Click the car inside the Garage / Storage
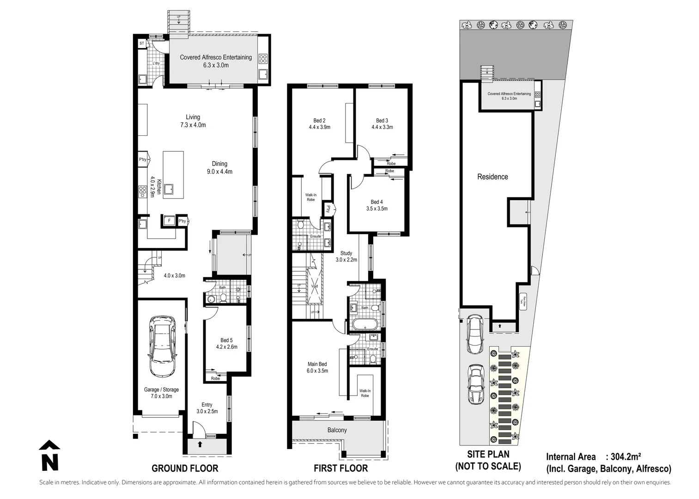point(162,346)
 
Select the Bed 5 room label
point(226,343)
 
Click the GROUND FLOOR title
point(185,469)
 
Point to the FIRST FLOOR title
point(340,469)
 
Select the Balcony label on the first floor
point(337,430)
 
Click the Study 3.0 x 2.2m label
point(346,256)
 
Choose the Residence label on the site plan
point(492,176)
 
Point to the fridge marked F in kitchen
point(169,221)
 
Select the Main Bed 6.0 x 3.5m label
point(317,367)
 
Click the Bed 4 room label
point(377,205)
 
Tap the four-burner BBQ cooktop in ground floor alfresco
point(263,59)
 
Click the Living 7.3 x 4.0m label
point(193,121)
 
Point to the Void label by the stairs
point(315,286)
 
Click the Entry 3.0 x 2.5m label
point(207,408)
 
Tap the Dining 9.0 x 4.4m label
point(219,167)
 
